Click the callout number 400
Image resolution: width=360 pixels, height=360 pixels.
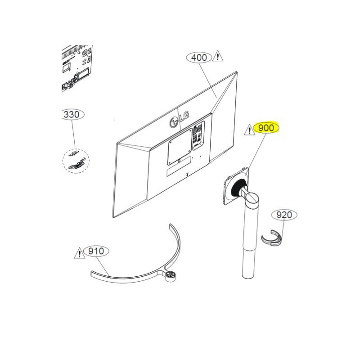click(x=199, y=58)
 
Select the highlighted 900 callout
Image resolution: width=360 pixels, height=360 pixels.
click(x=266, y=128)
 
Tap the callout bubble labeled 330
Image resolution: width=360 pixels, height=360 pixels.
click(x=72, y=114)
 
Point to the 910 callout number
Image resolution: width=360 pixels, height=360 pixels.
click(x=96, y=251)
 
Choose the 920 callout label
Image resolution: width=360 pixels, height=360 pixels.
click(x=284, y=215)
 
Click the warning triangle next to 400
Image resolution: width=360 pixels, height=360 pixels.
click(x=218, y=56)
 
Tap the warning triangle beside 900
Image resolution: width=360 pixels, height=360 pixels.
click(x=249, y=130)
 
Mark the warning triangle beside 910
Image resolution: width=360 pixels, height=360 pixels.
click(x=80, y=253)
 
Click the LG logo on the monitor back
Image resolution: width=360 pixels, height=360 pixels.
click(x=179, y=119)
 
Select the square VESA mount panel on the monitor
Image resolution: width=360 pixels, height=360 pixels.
click(x=180, y=147)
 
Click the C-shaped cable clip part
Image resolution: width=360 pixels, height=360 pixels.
click(x=271, y=238)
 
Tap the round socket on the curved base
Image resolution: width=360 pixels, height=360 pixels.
click(x=170, y=275)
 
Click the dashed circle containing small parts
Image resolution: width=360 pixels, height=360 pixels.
click(x=76, y=161)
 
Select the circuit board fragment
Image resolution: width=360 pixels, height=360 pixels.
click(x=77, y=68)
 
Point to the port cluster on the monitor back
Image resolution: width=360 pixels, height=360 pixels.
click(x=198, y=135)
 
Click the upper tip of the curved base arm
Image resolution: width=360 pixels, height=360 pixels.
click(x=170, y=225)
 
